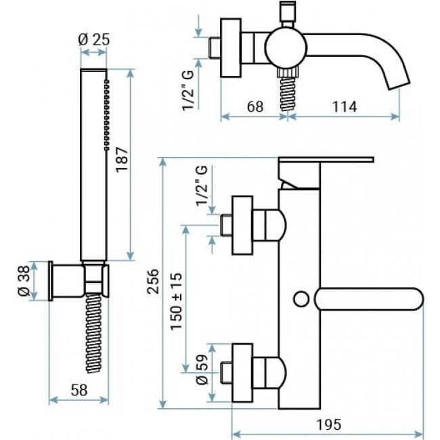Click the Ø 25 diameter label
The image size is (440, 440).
pos(93,39)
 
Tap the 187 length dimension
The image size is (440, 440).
pos(122,159)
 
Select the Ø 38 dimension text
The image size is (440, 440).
pos(24,281)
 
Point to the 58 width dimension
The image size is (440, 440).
pos(79,390)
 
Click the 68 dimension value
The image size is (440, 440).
pos(255,106)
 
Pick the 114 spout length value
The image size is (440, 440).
pos(345,106)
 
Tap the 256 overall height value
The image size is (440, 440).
pos(153,282)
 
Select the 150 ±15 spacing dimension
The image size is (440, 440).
pos(176,301)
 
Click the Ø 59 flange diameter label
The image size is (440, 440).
pos(202,370)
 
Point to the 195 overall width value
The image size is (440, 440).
pos(329,424)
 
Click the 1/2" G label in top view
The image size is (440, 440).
pos(188,90)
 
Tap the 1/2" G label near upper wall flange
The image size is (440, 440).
pos(202,185)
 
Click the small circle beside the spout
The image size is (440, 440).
pos(301,299)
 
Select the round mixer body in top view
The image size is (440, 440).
pos(286,47)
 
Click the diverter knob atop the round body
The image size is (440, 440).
pos(288,14)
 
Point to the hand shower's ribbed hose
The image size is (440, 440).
pos(93,333)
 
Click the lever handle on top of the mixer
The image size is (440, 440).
pos(326,160)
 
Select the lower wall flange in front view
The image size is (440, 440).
pos(242,373)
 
